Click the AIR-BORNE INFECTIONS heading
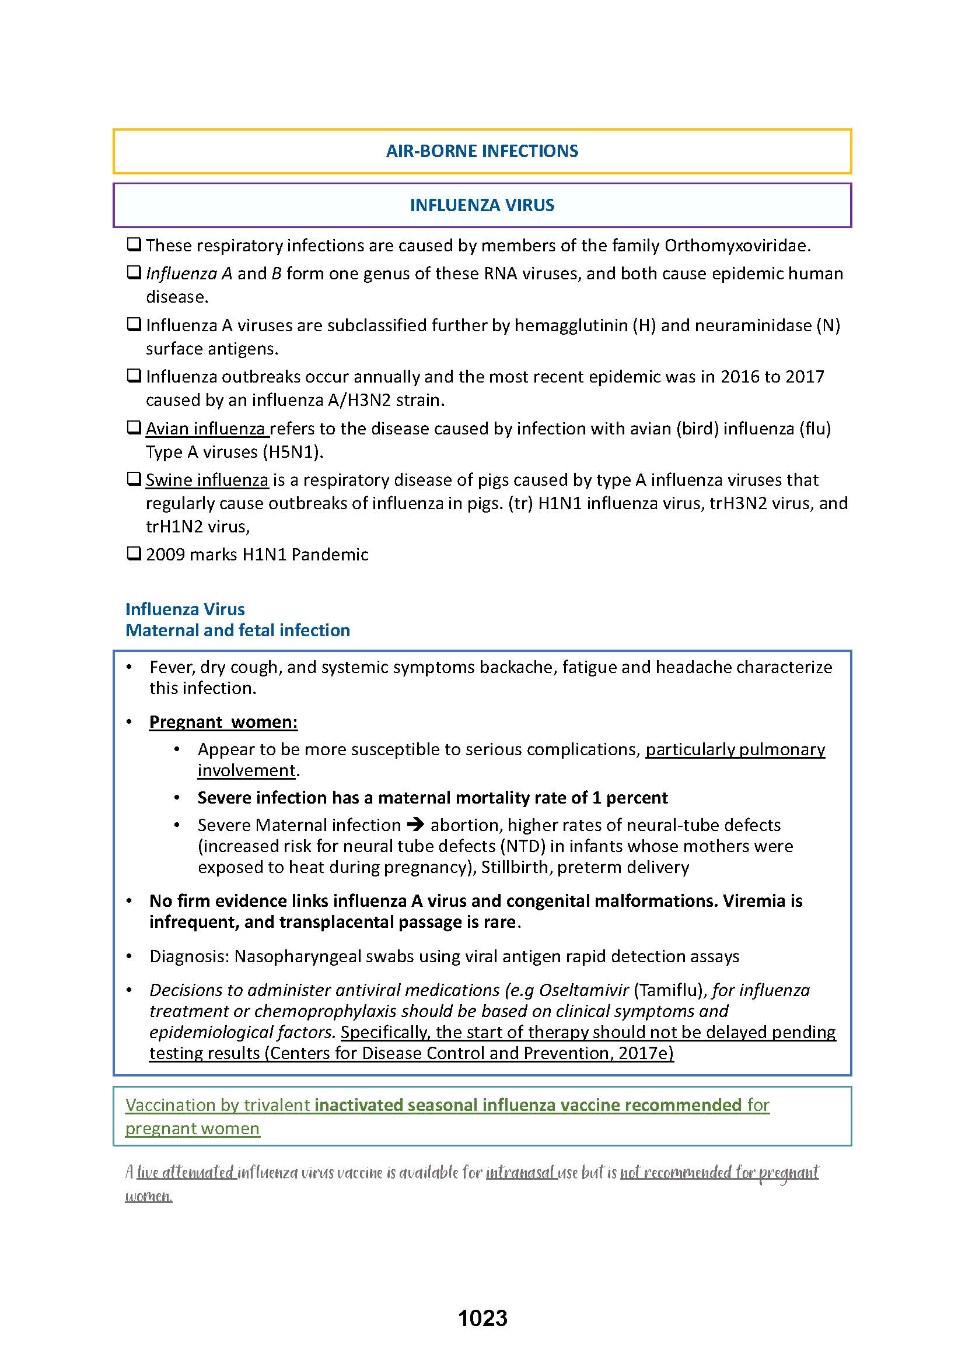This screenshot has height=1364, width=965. (x=482, y=151)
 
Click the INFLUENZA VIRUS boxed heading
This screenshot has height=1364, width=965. (x=482, y=205)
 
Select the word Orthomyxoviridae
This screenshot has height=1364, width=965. (x=736, y=246)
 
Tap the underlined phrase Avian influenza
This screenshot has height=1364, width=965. (x=205, y=429)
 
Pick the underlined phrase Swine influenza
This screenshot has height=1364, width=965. (x=207, y=479)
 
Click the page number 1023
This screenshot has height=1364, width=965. (x=482, y=1318)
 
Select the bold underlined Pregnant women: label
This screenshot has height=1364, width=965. (x=223, y=721)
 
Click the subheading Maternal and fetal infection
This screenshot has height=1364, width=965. (x=237, y=630)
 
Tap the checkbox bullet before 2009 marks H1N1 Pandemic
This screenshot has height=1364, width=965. (x=134, y=553)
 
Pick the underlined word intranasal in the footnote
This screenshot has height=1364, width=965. (x=520, y=1172)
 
